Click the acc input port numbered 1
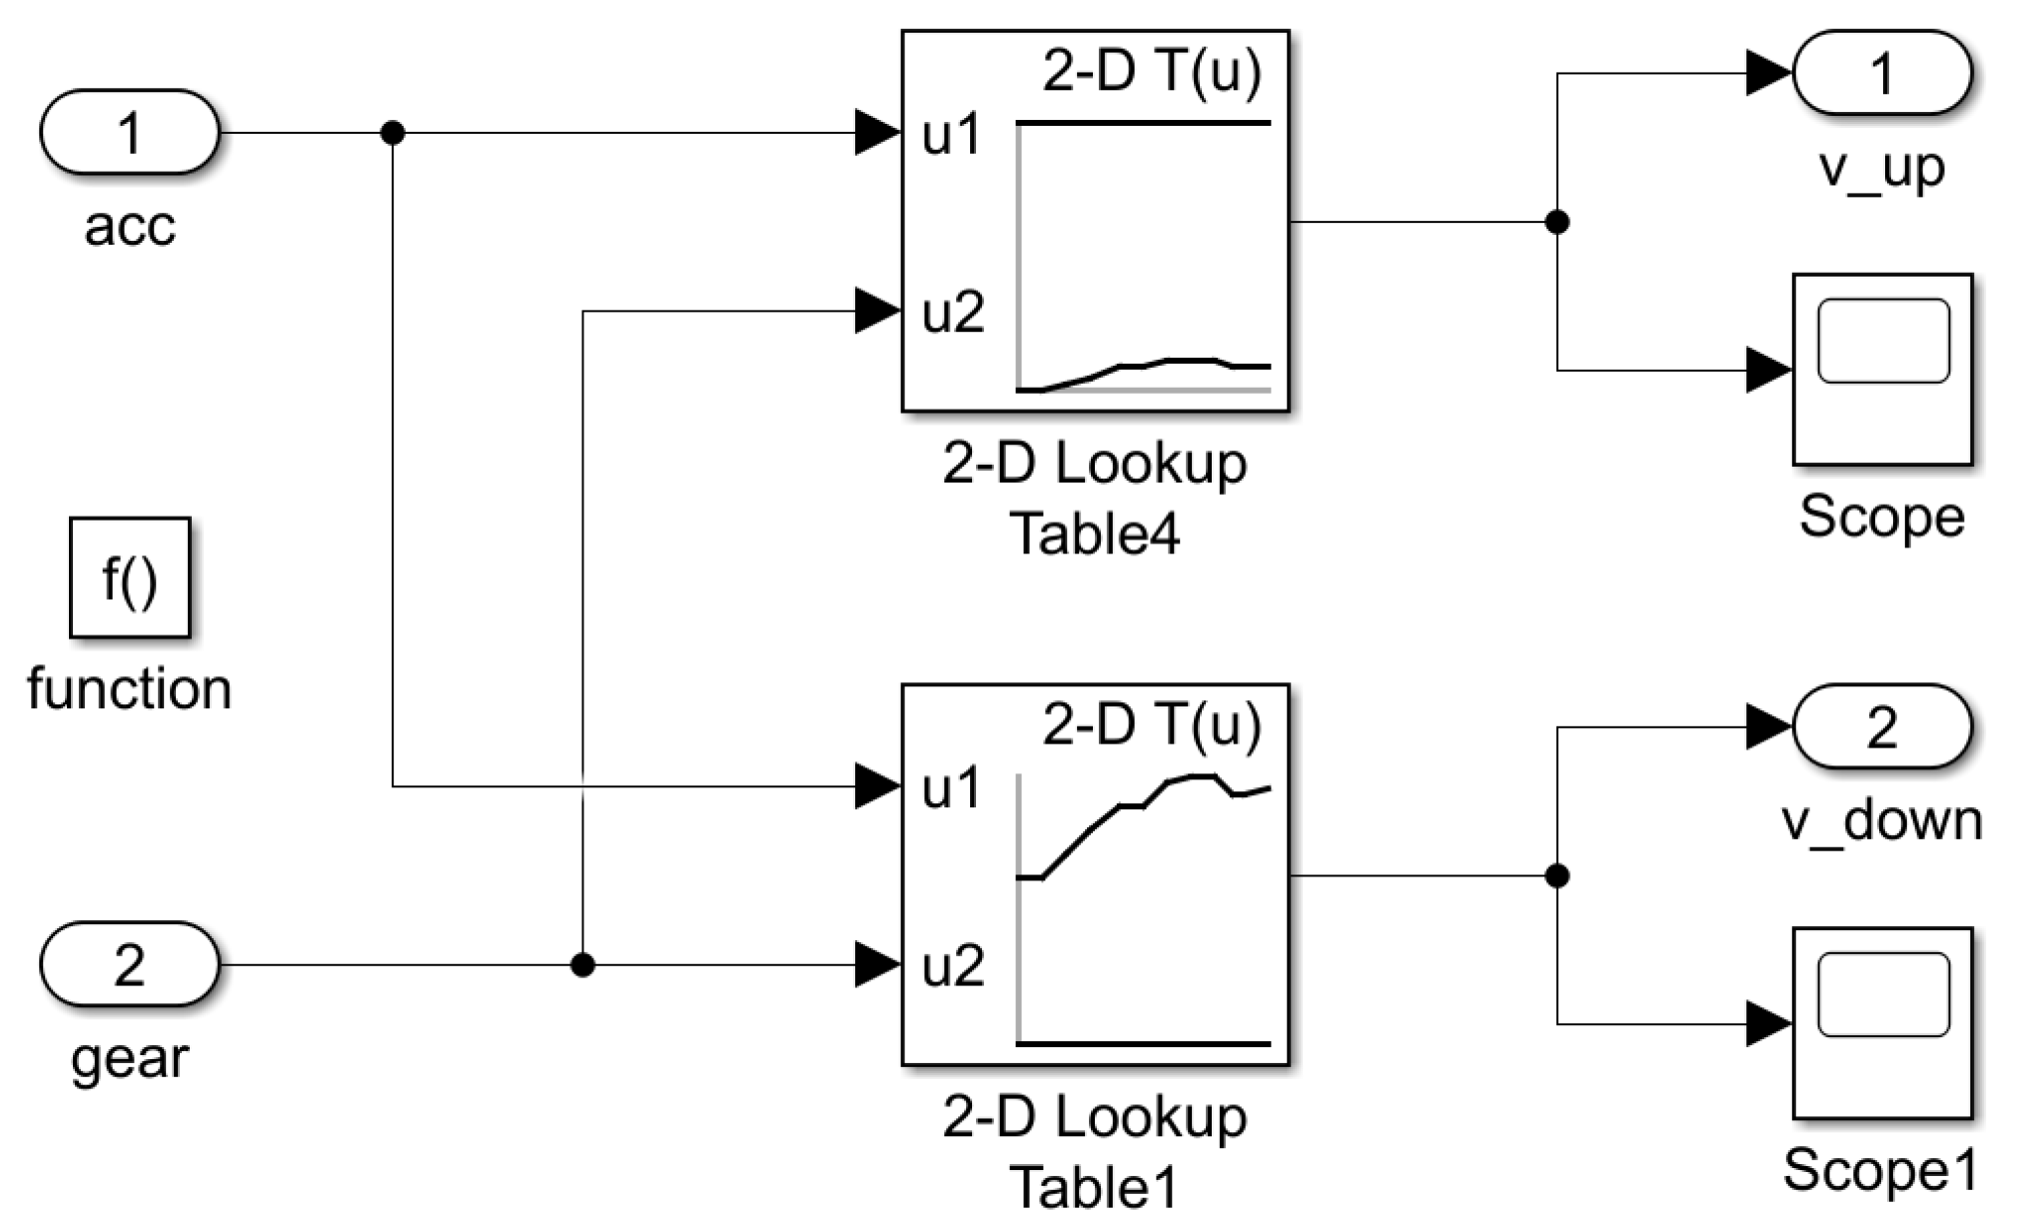pyautogui.click(x=129, y=132)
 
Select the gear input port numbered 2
pyautogui.click(x=129, y=964)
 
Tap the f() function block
pyautogui.click(x=129, y=578)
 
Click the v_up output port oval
pyautogui.click(x=1881, y=73)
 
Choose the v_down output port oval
pyautogui.click(x=1881, y=726)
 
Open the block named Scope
pyautogui.click(x=1881, y=369)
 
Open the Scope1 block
pyautogui.click(x=1881, y=1022)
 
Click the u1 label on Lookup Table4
pyautogui.click(x=952, y=135)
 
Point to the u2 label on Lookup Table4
pyautogui.click(x=952, y=313)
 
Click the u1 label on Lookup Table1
pyautogui.click(x=952, y=788)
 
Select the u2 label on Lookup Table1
pyautogui.click(x=952, y=966)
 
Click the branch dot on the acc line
pyautogui.click(x=393, y=132)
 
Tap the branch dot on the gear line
pyautogui.click(x=582, y=964)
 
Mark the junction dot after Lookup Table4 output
pyautogui.click(x=1556, y=222)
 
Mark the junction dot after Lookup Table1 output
pyautogui.click(x=1556, y=875)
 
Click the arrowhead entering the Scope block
pyautogui.click(x=1768, y=370)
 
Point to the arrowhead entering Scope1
pyautogui.click(x=1768, y=1023)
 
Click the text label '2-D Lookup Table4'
pyautogui.click(x=1095, y=497)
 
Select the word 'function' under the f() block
pyautogui.click(x=129, y=688)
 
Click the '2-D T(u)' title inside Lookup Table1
pyautogui.click(x=1151, y=723)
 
